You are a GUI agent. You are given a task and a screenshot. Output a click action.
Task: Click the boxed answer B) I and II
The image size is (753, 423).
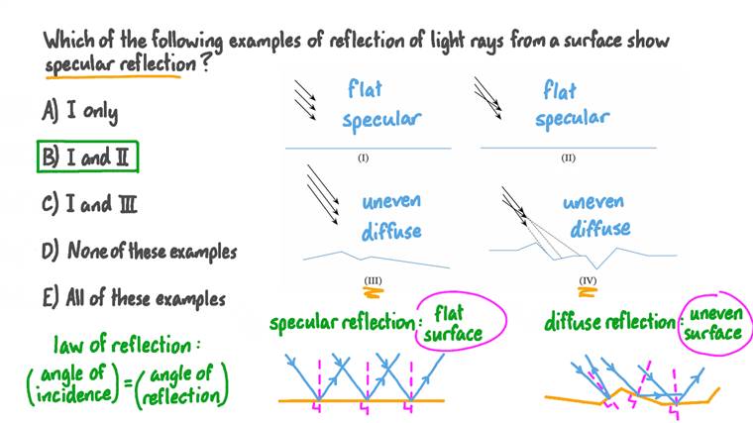88,157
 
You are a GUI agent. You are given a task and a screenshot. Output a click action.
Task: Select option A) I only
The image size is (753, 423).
79,111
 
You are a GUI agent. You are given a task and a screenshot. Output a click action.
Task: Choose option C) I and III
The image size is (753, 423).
88,205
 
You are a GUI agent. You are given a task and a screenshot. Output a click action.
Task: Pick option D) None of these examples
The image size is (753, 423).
139,252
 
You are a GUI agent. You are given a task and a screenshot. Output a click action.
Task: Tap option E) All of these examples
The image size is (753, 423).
133,298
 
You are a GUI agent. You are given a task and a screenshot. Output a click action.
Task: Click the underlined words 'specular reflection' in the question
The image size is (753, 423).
114,65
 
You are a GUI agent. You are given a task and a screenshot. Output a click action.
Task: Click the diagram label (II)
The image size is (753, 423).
568,158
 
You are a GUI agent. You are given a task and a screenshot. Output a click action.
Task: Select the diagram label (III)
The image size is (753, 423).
373,280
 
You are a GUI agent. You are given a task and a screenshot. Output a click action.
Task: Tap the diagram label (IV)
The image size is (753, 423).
587,280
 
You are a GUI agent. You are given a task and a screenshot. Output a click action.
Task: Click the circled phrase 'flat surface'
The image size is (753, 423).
453,322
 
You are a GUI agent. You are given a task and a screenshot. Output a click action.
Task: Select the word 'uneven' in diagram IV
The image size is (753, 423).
593,202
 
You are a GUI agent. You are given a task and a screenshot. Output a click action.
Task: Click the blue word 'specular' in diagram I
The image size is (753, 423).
381,121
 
